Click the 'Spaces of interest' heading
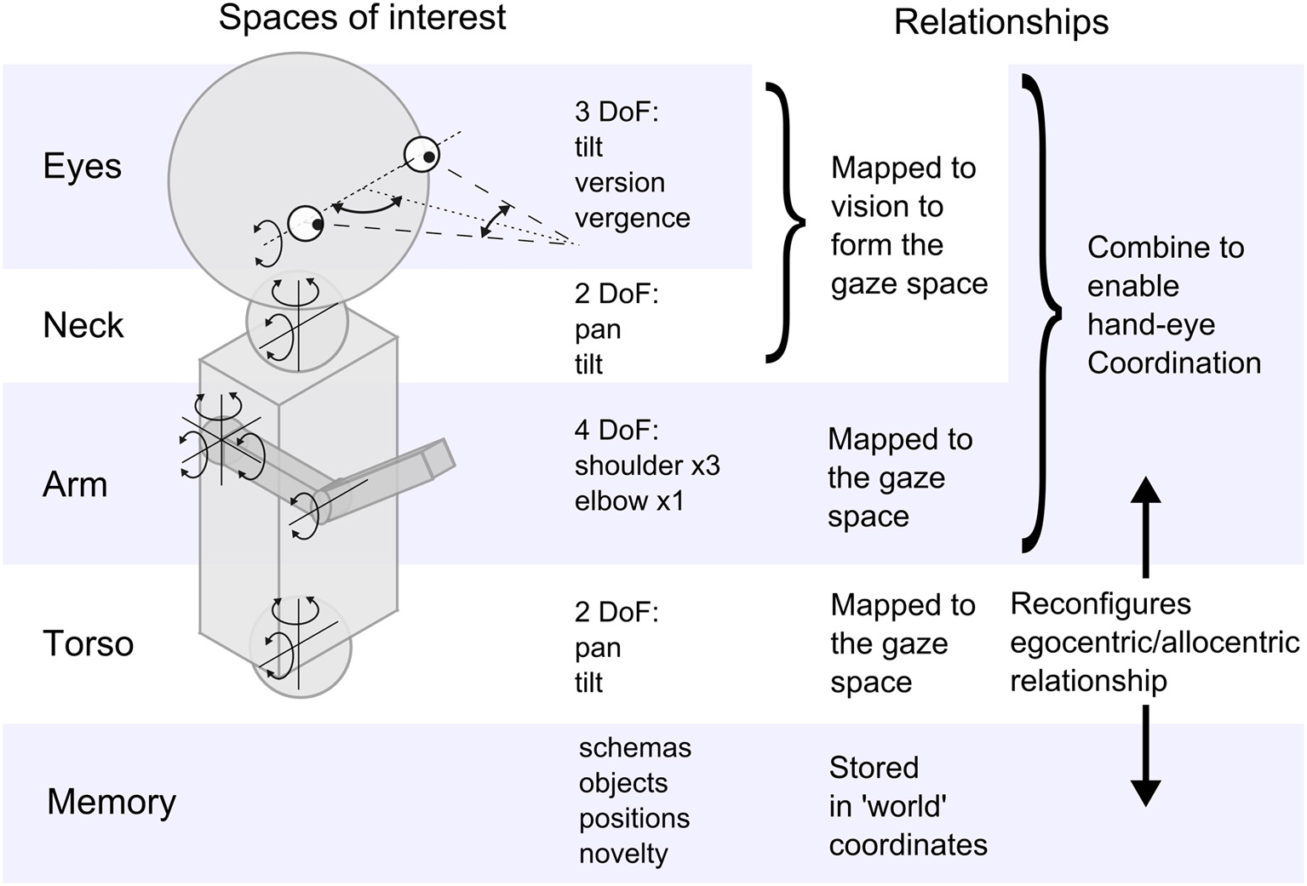(x=362, y=18)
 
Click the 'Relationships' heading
(x=1000, y=22)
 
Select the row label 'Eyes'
(x=82, y=166)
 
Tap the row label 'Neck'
(x=83, y=325)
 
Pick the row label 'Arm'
(x=75, y=484)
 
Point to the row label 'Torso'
(x=88, y=643)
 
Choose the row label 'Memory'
(x=111, y=802)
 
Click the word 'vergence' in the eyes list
(x=632, y=218)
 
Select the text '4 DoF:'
(x=616, y=430)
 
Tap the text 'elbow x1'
(x=629, y=500)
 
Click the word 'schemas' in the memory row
(x=634, y=747)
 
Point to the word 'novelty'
(x=623, y=853)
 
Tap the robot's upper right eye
(x=422, y=155)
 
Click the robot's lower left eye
(x=306, y=224)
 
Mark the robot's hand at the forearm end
(x=439, y=458)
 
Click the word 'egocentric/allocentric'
(x=1155, y=642)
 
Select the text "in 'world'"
(x=888, y=805)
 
